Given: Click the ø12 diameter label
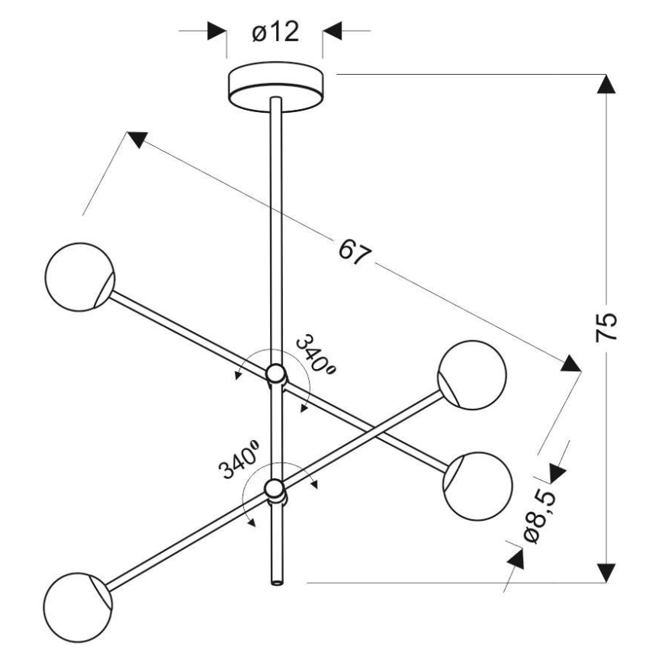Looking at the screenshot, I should pyautogui.click(x=275, y=33).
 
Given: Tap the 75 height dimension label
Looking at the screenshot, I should pyautogui.click(x=607, y=327).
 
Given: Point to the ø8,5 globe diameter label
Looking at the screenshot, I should pyautogui.click(x=543, y=516).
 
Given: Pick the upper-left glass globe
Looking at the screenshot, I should pyautogui.click(x=79, y=277).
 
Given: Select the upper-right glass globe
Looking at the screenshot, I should pyautogui.click(x=472, y=374).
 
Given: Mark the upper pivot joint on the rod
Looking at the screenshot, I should pyautogui.click(x=276, y=374).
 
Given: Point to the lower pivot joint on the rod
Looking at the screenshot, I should pyautogui.click(x=275, y=488).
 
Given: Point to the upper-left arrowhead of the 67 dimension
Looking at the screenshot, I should pyautogui.click(x=137, y=140).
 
